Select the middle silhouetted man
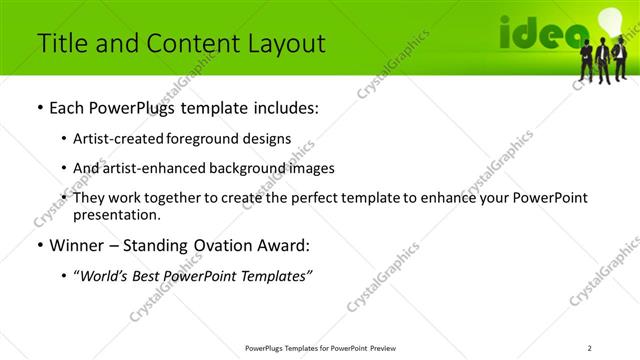(x=602, y=61)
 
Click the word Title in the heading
(x=59, y=43)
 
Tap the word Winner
(x=78, y=245)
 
